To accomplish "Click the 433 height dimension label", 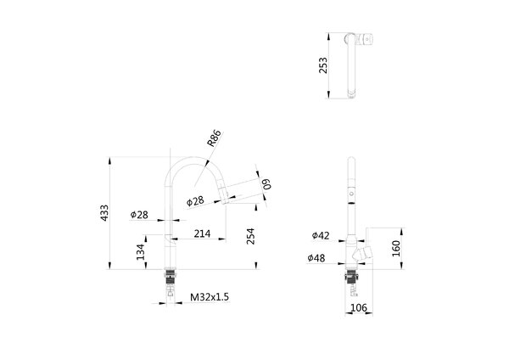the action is [104, 213].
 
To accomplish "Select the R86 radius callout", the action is [215, 138].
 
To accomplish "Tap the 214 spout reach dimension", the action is [202, 233].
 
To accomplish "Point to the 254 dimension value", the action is [250, 236].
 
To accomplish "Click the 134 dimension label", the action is [140, 252].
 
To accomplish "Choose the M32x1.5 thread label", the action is [210, 297].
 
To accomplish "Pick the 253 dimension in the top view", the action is [323, 65].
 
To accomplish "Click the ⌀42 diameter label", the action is [321, 235].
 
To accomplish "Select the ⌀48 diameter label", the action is [316, 258].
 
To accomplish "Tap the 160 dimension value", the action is [396, 249].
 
